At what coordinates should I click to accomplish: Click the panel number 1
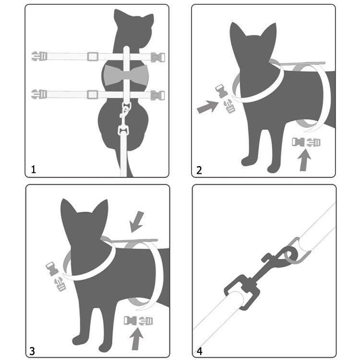pos(34,169)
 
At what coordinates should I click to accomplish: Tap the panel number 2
pos(199,170)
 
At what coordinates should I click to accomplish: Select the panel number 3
pos(32,351)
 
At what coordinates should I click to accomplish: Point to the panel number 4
pos(200,351)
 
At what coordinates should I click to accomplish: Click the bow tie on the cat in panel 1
pos(126,75)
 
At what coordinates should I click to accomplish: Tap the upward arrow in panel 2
pos(304,160)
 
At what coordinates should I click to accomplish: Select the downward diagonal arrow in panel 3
pos(137,222)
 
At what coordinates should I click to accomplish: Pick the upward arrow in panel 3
pos(136,339)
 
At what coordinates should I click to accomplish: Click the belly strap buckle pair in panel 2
pos(306,142)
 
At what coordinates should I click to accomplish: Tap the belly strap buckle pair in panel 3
pos(138,321)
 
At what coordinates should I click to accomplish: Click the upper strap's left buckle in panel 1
pos(39,56)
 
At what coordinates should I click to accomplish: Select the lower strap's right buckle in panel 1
pos(158,96)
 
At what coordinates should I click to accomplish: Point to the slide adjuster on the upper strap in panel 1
pos(93,57)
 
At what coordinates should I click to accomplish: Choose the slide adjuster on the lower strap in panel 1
pos(92,95)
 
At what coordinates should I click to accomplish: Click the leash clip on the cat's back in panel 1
pos(124,120)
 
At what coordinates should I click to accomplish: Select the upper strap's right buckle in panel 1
pos(158,58)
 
